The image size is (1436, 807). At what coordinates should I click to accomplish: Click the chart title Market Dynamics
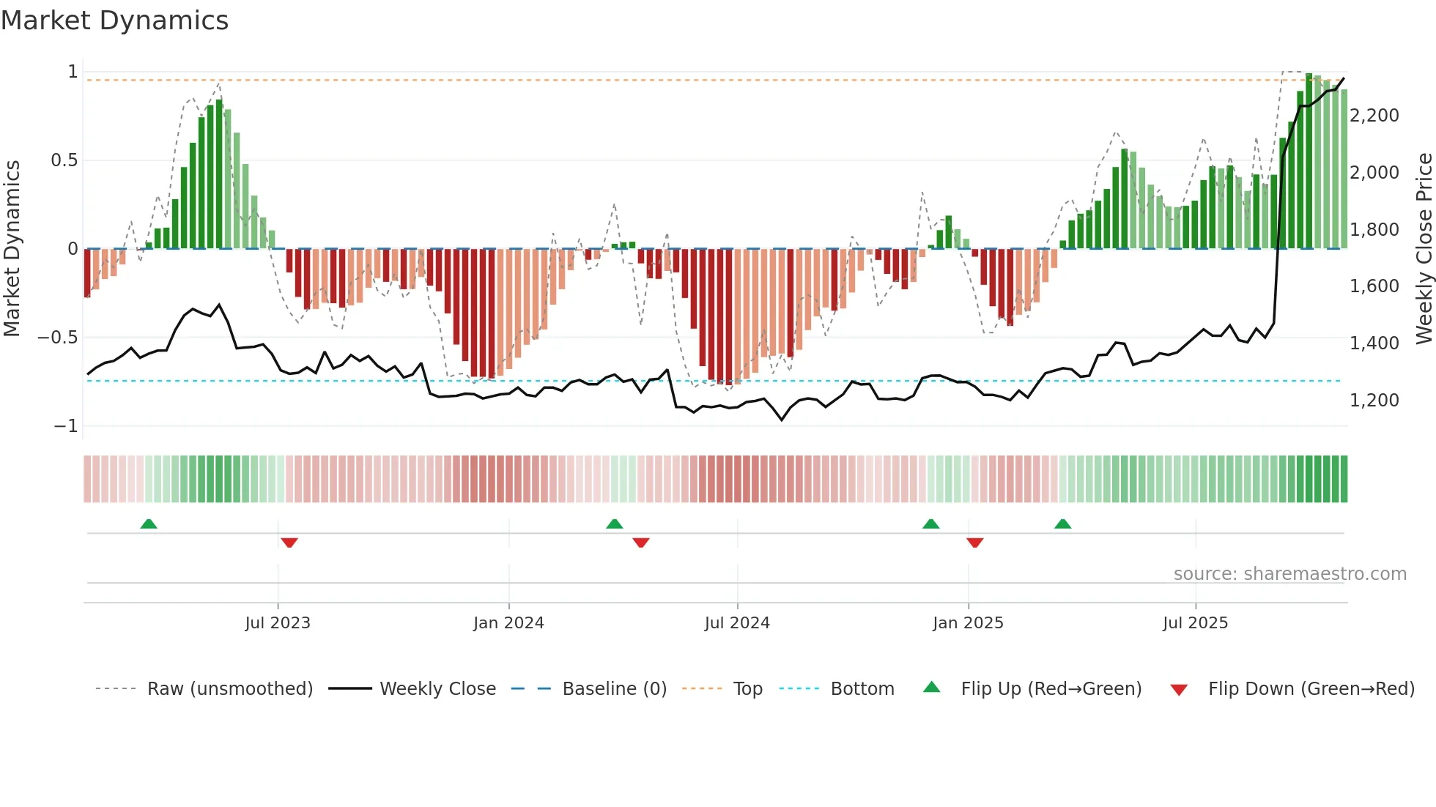click(x=115, y=21)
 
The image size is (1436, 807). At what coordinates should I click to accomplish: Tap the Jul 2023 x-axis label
click(x=278, y=623)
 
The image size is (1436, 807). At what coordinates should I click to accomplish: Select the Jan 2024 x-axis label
click(x=508, y=623)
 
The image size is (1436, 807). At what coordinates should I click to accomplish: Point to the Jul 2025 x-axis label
click(x=1195, y=623)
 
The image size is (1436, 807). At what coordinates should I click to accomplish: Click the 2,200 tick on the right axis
click(x=1374, y=116)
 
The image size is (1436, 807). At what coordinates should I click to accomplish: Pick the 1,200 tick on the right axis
click(x=1374, y=401)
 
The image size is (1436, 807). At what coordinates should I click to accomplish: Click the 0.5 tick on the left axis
click(x=64, y=160)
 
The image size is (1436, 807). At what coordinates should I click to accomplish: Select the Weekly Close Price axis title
click(x=1424, y=249)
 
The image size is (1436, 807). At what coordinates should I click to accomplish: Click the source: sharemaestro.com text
click(x=1289, y=574)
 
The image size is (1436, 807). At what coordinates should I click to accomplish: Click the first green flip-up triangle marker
click(x=149, y=524)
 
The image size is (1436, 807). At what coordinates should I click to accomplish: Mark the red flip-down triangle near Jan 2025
click(x=974, y=543)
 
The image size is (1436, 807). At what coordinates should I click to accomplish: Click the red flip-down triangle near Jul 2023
click(x=289, y=543)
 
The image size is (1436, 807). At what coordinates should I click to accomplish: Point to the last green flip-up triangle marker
click(x=1062, y=524)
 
